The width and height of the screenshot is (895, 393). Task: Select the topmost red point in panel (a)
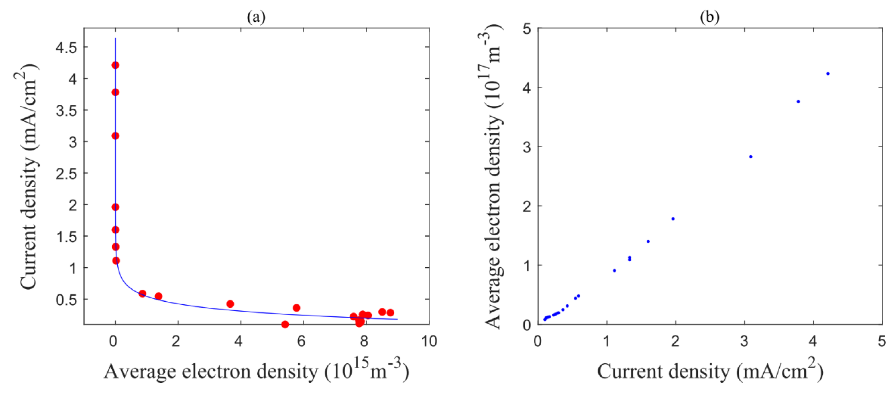coord(115,65)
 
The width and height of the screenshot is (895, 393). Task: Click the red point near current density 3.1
coord(115,136)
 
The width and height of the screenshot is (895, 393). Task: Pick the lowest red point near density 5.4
coord(285,324)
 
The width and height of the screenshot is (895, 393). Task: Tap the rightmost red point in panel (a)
coord(390,312)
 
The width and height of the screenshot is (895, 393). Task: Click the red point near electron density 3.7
coord(230,304)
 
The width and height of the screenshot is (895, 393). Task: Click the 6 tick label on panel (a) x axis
coord(301,341)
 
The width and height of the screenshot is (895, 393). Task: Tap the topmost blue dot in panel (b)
coord(828,74)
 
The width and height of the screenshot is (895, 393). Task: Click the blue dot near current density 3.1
coord(751,157)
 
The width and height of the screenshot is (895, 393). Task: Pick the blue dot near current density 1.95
coord(673,219)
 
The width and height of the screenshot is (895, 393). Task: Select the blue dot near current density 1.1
coord(614,270)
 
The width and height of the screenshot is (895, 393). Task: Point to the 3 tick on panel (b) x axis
coord(744,341)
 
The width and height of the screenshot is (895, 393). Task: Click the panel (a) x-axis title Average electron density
coord(257,371)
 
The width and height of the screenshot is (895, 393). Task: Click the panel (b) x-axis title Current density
coord(710,371)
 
